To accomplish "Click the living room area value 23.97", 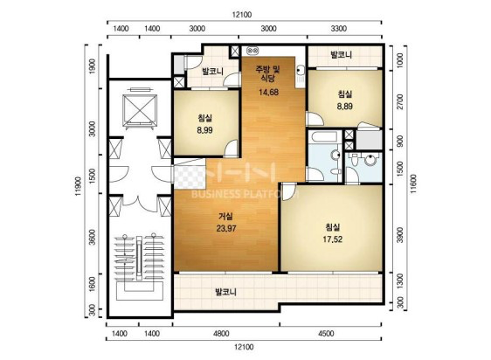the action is (x=226, y=229).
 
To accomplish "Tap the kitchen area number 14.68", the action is (x=268, y=92).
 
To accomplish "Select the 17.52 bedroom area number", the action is (x=333, y=239).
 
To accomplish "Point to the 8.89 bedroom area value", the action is (x=345, y=107).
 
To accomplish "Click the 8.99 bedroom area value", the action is (x=204, y=130).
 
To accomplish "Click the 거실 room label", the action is (x=225, y=217).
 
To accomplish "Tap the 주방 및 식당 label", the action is (x=268, y=73).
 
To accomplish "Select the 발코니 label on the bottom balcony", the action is (x=225, y=293).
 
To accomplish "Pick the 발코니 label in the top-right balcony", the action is (x=342, y=55).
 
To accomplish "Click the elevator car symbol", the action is (x=140, y=111).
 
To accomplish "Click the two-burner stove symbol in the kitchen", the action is (x=252, y=50).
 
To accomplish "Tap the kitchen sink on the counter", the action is (x=300, y=71).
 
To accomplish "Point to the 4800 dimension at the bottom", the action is (x=221, y=334).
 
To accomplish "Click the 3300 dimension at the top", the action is (x=339, y=29).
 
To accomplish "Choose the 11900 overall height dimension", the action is (x=79, y=186).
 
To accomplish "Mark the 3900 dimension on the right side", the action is (x=400, y=235).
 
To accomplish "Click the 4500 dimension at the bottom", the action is (x=326, y=334).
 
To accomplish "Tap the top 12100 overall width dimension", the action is (x=242, y=15).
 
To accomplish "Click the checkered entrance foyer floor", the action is (x=190, y=177).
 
